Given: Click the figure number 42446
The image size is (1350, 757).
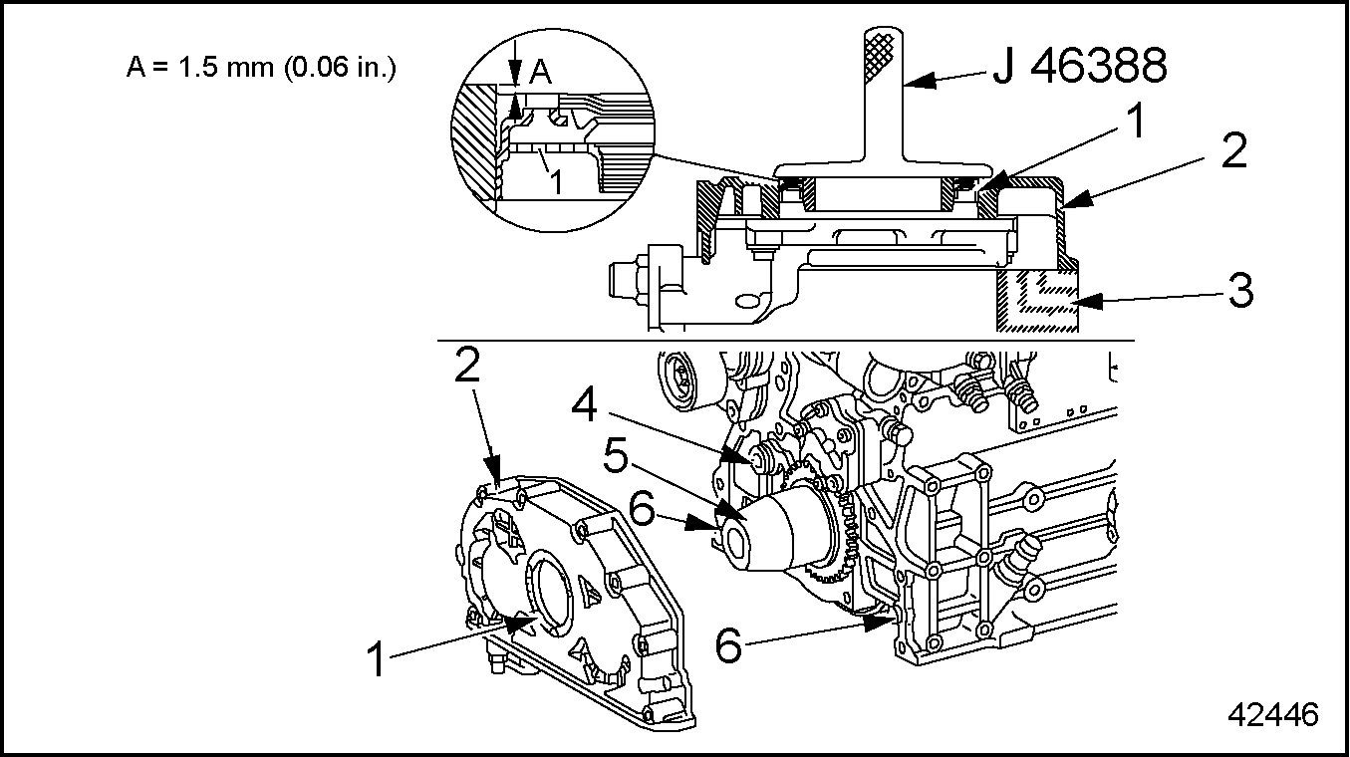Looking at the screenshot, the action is [x=1273, y=715].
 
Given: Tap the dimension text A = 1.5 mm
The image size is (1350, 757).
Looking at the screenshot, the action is [x=200, y=68].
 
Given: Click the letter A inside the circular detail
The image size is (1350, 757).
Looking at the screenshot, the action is [x=541, y=73].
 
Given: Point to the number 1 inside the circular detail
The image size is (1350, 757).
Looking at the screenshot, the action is [x=557, y=182].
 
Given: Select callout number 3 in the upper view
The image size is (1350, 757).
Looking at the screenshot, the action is [x=1240, y=291].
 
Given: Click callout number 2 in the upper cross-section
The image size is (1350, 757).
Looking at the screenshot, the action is [x=1233, y=150].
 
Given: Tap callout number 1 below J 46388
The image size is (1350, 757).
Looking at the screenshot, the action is [x=1136, y=121].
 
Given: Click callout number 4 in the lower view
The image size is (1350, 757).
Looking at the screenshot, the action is [x=584, y=405].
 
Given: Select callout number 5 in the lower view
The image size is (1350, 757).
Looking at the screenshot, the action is [x=616, y=455].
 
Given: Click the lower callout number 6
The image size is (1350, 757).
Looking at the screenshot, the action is [x=728, y=644].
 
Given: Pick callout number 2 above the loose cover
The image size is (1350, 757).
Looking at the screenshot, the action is [x=467, y=364].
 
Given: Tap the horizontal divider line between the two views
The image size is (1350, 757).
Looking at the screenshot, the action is [x=786, y=341].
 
